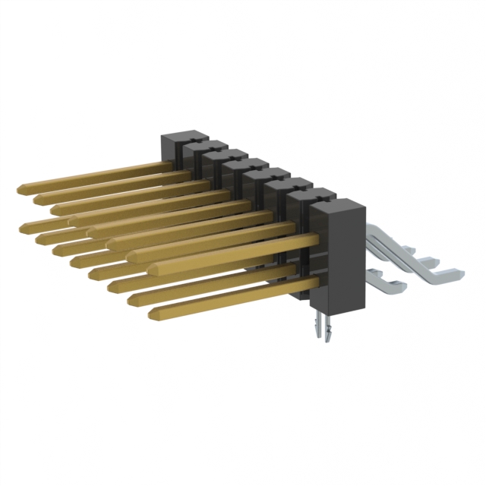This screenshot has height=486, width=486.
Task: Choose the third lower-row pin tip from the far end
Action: coord(58,248)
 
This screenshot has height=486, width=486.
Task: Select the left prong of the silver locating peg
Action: coord(318,330)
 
